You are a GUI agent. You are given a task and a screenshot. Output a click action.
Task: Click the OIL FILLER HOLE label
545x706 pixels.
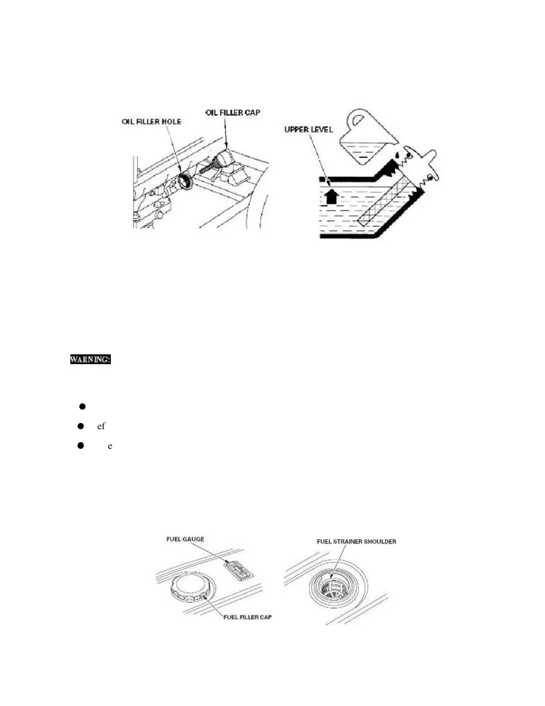click(x=151, y=122)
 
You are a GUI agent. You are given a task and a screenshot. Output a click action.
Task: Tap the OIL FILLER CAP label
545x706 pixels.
click(x=232, y=112)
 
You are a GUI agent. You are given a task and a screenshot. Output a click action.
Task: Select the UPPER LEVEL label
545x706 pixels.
click(x=309, y=130)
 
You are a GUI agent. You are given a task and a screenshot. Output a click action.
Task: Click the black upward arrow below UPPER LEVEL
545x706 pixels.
click(x=330, y=196)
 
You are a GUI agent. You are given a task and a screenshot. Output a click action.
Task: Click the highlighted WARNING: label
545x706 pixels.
click(x=90, y=359)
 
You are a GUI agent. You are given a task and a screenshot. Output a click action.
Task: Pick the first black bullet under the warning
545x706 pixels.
click(x=82, y=406)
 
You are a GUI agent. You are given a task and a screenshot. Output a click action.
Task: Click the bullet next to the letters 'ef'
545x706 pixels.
click(x=81, y=426)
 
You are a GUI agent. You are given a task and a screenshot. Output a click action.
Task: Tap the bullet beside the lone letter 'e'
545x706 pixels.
click(x=81, y=445)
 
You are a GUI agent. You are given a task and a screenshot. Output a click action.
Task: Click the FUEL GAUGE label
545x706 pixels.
click(x=185, y=539)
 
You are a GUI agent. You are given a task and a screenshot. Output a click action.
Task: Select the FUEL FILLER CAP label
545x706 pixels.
click(x=247, y=617)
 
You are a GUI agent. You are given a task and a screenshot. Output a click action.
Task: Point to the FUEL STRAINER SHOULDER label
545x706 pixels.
click(x=356, y=542)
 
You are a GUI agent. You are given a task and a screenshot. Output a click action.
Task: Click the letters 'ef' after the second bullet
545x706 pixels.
click(x=101, y=426)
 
